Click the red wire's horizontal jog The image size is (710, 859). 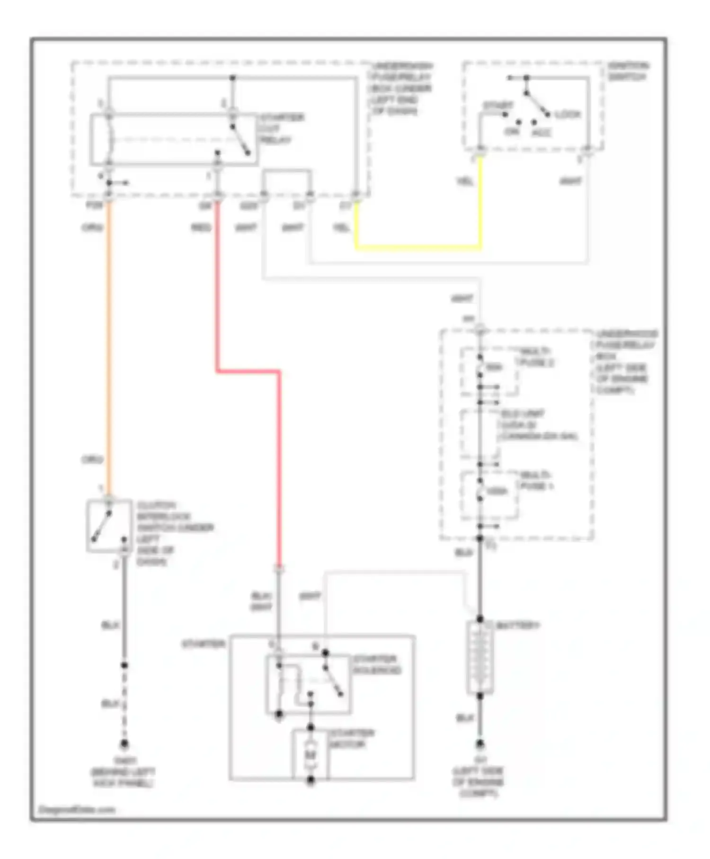tap(248, 372)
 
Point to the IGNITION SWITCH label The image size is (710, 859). tap(628, 71)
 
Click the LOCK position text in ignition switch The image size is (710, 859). tap(567, 115)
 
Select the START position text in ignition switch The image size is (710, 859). tap(497, 105)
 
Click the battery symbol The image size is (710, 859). tap(480, 658)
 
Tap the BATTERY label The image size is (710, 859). tap(517, 626)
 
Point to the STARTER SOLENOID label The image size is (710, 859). tap(377, 664)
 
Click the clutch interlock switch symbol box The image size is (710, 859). tap(109, 526)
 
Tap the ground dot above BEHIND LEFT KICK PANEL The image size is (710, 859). tap(124, 744)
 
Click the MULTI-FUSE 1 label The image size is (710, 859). tap(537, 480)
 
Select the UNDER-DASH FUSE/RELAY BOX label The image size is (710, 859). tap(401, 89)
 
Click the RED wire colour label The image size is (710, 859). tap(200, 228)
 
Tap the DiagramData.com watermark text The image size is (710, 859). tap(77, 809)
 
